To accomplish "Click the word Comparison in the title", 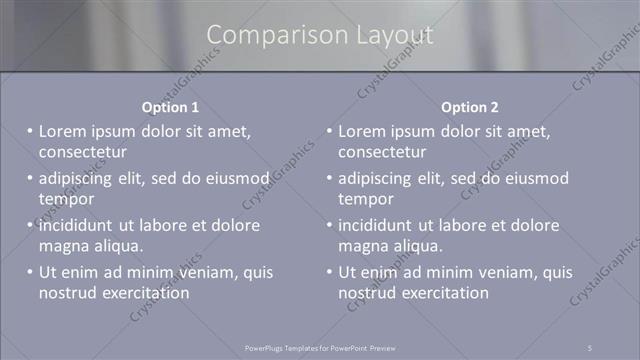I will pyautogui.click(x=268, y=35).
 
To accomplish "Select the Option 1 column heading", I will pyautogui.click(x=171, y=107).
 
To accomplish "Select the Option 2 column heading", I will pyautogui.click(x=470, y=107).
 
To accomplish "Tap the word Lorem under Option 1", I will pyautogui.click(x=63, y=131).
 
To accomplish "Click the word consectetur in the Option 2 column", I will pyautogui.click(x=382, y=152).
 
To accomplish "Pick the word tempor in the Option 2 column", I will pyautogui.click(x=365, y=199).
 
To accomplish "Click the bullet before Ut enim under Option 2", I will pyautogui.click(x=330, y=272).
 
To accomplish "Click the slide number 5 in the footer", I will pyautogui.click(x=590, y=347).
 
